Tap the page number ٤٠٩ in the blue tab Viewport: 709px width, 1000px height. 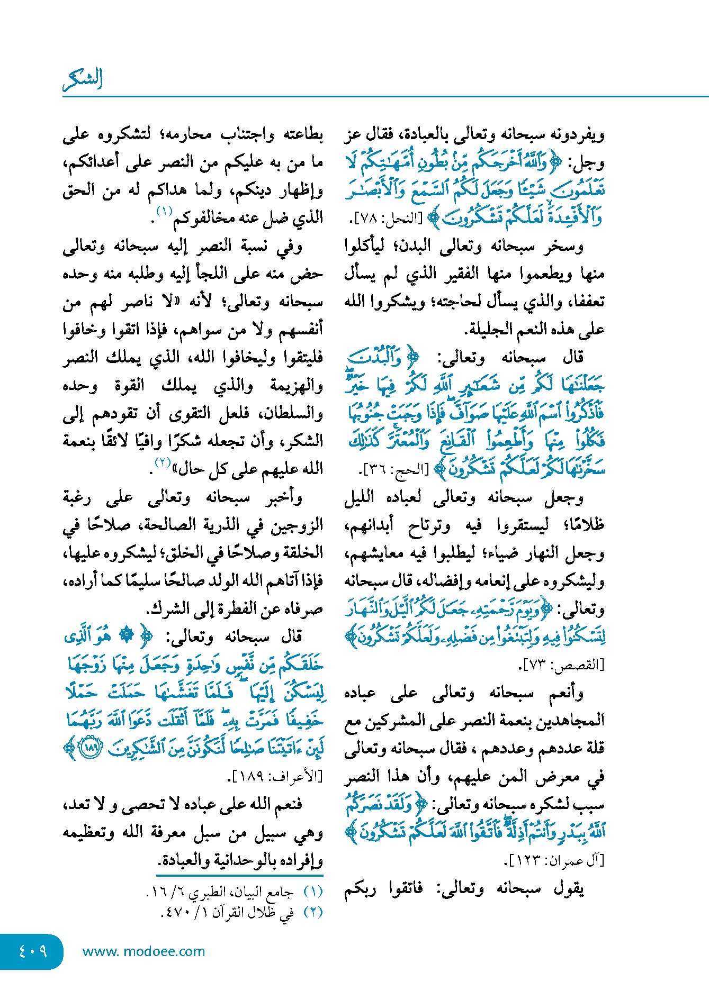point(33,951)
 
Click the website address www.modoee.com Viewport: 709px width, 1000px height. point(143,951)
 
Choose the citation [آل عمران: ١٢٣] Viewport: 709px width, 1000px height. point(554,861)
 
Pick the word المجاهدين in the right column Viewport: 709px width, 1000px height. point(569,721)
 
